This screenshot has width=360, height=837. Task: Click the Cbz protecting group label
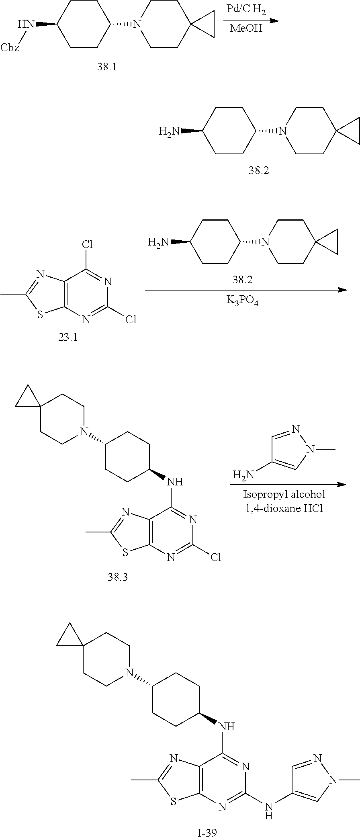coord(10,47)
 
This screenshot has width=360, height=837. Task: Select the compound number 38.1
coord(106,67)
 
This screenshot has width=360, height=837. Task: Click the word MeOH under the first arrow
coord(246,28)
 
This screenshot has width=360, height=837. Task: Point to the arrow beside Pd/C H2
coord(251,20)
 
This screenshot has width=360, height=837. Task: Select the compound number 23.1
coord(67,337)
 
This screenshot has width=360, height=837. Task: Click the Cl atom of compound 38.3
coord(215,557)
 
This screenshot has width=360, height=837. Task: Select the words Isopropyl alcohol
coord(284,494)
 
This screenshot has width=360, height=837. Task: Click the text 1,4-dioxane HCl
coord(284,508)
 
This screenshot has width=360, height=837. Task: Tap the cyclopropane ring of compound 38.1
coord(204,25)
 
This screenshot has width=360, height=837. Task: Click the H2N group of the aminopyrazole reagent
coord(243,475)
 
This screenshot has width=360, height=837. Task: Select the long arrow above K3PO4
coord(245,290)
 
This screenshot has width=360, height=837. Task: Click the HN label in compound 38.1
coord(26,25)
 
